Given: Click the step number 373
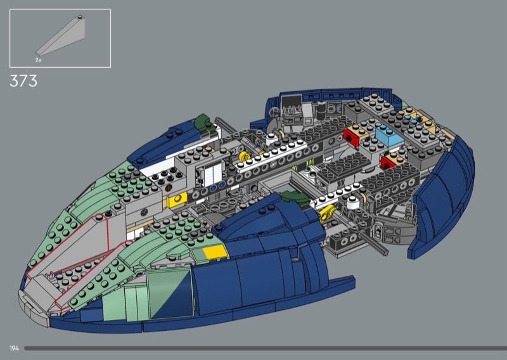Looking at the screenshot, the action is tap(23, 81).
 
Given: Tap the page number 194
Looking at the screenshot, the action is tap(14, 349).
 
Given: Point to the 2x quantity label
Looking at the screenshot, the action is tap(39, 60).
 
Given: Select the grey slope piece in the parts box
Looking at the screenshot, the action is tap(60, 36).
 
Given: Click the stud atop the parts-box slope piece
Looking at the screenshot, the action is tap(80, 17).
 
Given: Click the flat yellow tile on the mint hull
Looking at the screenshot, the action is tap(215, 252).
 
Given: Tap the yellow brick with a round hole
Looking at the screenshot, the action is tap(177, 199).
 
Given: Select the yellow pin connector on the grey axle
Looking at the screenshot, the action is tap(328, 214).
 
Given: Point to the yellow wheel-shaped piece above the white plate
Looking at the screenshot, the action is tap(245, 156).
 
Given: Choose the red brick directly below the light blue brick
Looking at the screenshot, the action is tap(388, 162).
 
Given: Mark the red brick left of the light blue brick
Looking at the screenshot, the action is tap(352, 137).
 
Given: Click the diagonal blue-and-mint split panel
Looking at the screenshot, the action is tap(170, 294).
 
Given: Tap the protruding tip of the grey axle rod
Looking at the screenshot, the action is tap(385, 251).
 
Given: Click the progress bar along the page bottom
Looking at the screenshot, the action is tap(265, 349).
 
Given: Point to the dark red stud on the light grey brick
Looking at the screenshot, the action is tap(169, 188).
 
